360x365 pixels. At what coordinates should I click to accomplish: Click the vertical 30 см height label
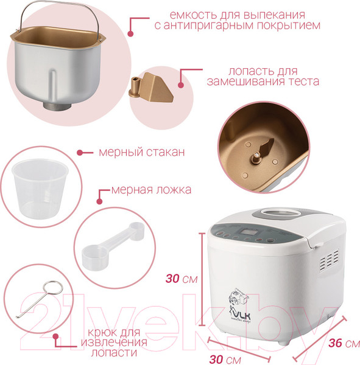coord(181,279)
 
